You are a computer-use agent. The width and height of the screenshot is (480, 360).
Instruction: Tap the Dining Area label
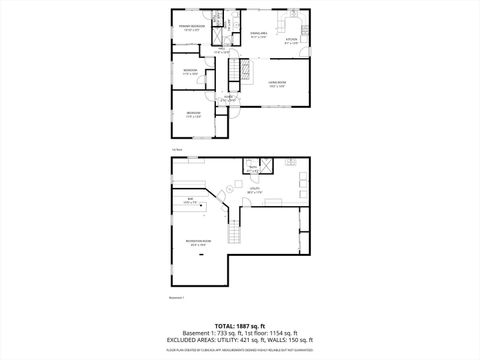point(259,35)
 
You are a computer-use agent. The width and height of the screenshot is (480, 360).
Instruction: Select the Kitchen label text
point(292,42)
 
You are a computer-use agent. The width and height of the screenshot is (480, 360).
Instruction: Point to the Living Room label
point(277,85)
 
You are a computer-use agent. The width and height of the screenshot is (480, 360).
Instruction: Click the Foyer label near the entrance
point(228,99)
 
